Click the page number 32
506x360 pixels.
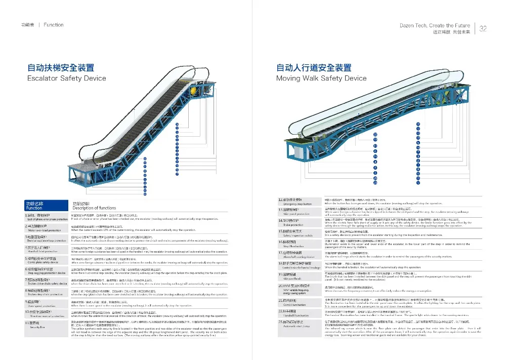point(483,28)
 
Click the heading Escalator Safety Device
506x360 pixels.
point(66,78)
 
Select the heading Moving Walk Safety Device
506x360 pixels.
point(321,78)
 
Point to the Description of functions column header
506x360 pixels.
point(94,208)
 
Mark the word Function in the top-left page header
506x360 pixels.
point(54,25)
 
